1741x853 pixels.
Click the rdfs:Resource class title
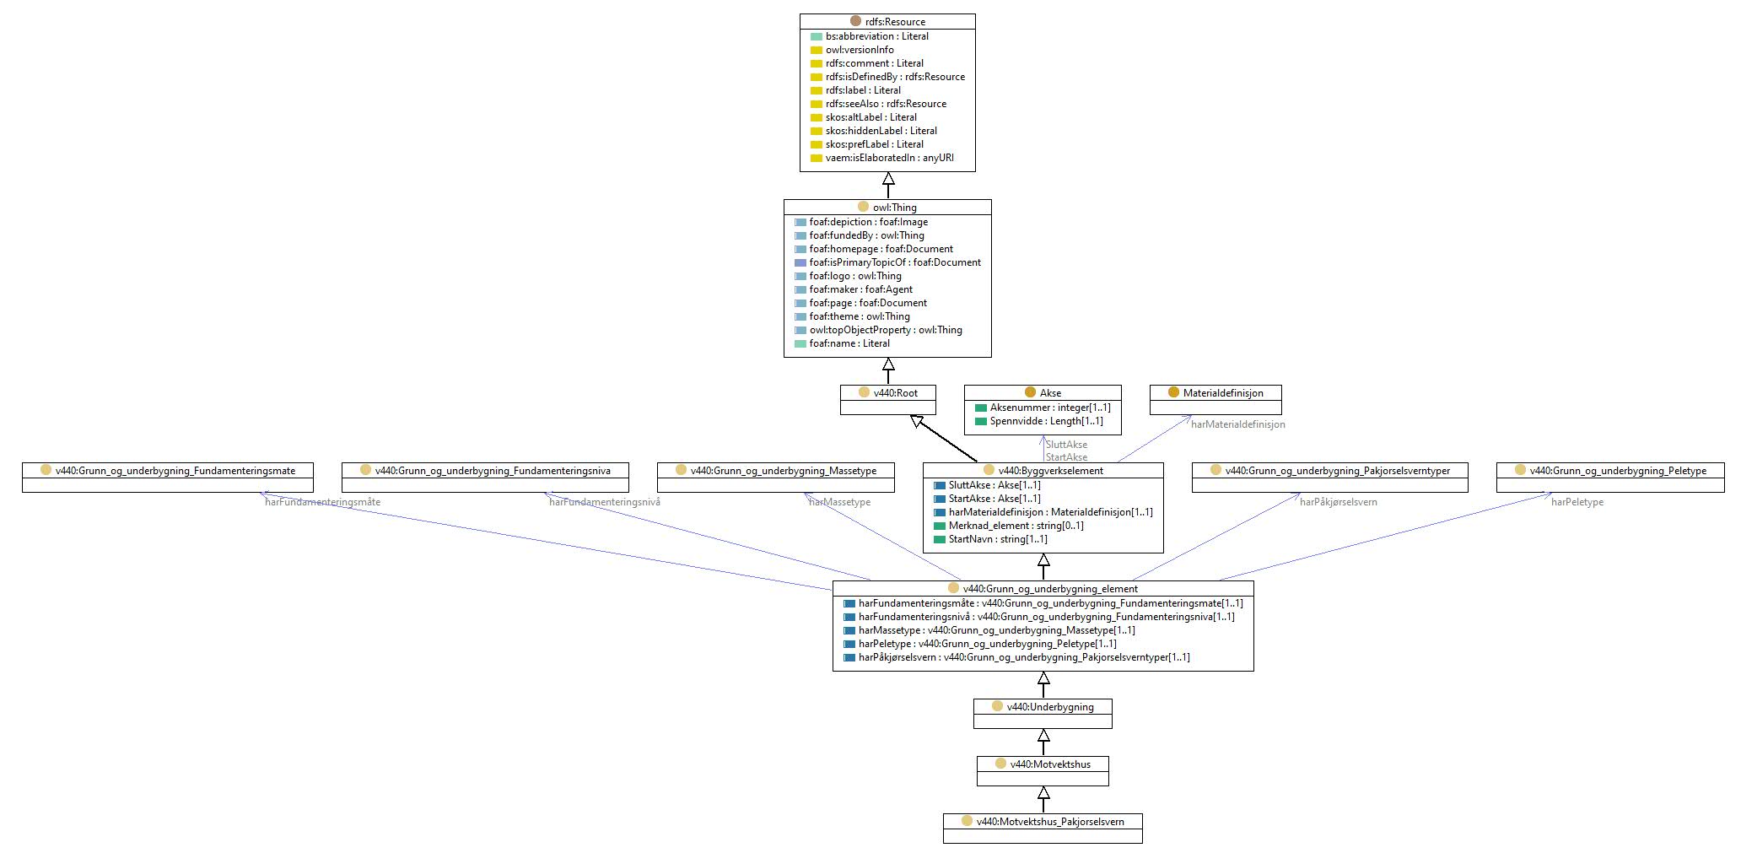pos(895,22)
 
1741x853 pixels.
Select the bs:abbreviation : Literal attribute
pos(877,36)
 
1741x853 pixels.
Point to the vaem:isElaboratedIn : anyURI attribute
pos(890,158)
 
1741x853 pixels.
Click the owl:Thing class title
pos(895,208)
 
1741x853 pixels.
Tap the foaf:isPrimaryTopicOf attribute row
pos(895,262)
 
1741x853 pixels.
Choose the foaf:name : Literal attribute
pos(849,343)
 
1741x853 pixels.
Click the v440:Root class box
pos(888,400)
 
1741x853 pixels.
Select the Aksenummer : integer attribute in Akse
pos(1050,408)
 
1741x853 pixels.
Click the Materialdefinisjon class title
pos(1223,393)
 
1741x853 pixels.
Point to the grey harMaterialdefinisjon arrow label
pos(1238,424)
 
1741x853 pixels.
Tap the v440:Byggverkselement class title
pos(1051,471)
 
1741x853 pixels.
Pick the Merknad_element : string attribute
pos(1016,526)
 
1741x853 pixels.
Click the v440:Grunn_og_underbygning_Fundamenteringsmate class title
pos(175,471)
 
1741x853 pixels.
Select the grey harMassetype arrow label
pos(839,502)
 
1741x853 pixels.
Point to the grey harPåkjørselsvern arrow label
pos(1339,502)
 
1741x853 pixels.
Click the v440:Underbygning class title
pos(1050,707)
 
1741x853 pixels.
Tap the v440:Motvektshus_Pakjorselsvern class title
pos(1050,822)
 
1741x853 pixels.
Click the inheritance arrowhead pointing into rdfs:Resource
pos(888,179)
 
